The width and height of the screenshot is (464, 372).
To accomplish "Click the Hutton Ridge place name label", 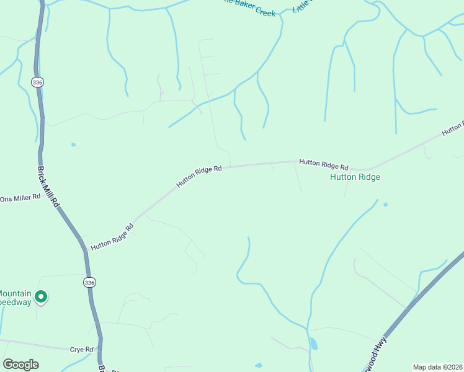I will pyautogui.click(x=355, y=177).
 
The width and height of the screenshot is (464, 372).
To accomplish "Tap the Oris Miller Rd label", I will pyautogui.click(x=20, y=198).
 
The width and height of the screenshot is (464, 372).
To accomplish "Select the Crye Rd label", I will pyautogui.click(x=81, y=350).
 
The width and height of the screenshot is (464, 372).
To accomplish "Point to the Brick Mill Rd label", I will pyautogui.click(x=48, y=187).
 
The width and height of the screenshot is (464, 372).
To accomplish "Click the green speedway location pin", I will pyautogui.click(x=41, y=298).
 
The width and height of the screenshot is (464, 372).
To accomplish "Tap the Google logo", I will pyautogui.click(x=20, y=365).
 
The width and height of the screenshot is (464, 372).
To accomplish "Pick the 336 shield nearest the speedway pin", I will pyautogui.click(x=89, y=283).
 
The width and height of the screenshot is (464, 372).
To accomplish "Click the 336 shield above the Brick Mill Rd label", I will pyautogui.click(x=38, y=81).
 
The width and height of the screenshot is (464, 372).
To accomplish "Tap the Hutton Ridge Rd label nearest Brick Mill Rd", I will pyautogui.click(x=112, y=237).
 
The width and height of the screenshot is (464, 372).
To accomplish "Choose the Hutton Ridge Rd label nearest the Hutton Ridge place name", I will pyautogui.click(x=324, y=164).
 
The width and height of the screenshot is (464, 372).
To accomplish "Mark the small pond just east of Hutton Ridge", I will pyautogui.click(x=386, y=204).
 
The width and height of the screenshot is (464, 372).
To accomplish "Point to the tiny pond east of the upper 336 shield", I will pyautogui.click(x=73, y=144).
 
